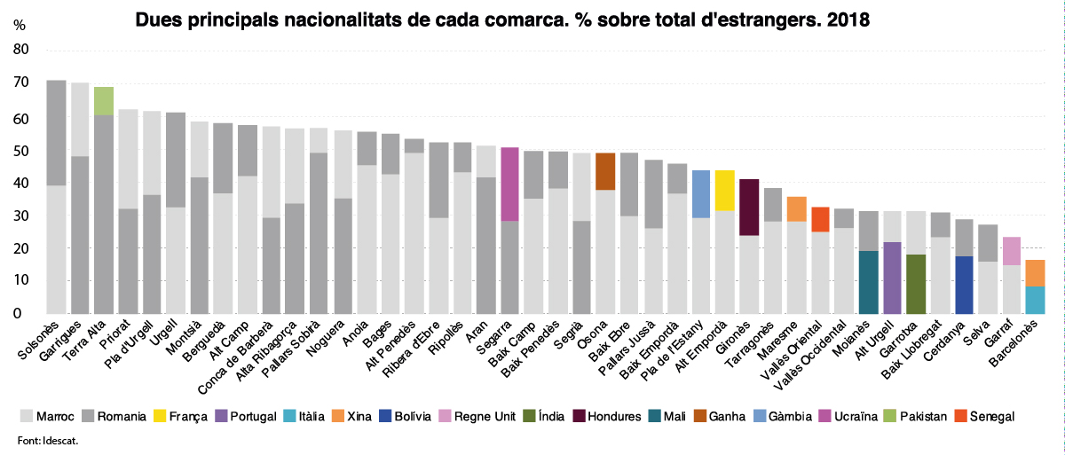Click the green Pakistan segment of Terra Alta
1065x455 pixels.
coord(104,101)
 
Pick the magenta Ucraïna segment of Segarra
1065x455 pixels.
coord(509,184)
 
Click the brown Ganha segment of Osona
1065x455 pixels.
coord(605,171)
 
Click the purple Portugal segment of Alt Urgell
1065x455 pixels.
coord(893,278)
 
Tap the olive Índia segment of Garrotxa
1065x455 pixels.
coord(917,284)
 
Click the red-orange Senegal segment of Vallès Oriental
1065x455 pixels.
coord(821,219)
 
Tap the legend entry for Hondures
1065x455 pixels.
coord(614,416)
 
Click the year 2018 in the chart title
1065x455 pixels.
coord(848,17)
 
